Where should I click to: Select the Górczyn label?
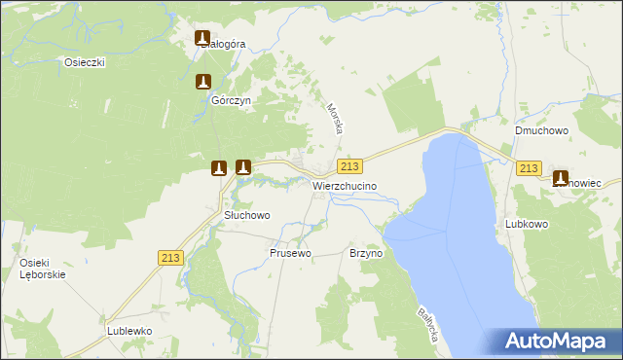232,100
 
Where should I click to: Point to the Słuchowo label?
247,215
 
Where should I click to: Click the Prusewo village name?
290,253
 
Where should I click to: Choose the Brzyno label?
366,253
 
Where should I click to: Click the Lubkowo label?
528,224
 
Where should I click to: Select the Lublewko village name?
129,331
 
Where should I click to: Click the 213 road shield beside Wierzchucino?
351,166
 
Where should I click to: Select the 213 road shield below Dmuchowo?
529,168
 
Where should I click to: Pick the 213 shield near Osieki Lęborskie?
170,257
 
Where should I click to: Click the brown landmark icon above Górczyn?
203,83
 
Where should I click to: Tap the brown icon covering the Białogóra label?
203,39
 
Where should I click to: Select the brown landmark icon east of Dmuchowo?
561,178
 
